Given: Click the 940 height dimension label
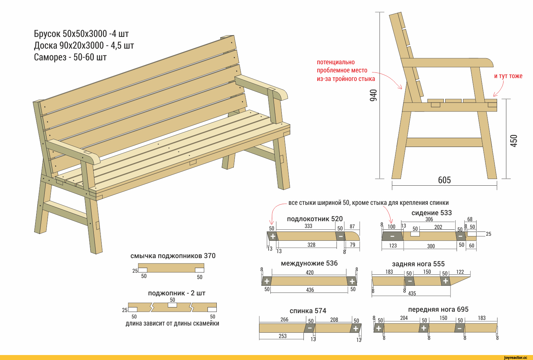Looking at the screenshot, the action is click(373, 96).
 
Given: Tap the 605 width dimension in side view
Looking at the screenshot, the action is click(444, 180).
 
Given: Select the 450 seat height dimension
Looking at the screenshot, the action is click(514, 141).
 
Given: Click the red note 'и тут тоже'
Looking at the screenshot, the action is click(508, 76).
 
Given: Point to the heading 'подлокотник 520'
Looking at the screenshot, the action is click(314, 219).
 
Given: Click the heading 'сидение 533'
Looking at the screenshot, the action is click(431, 213).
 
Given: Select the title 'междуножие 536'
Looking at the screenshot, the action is click(309, 263).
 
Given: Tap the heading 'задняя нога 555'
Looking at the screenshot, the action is click(418, 264).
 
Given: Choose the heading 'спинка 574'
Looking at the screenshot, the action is click(308, 311).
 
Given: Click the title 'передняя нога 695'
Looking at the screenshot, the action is click(438, 309).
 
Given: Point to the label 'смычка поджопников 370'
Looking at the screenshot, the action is click(173, 256).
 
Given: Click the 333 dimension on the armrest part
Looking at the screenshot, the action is click(308, 226).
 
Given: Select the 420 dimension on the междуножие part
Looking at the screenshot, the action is click(309, 273).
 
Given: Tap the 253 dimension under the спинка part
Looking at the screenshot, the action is click(282, 336).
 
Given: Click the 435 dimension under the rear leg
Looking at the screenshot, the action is click(412, 293).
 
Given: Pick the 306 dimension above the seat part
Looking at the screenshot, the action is click(429, 219).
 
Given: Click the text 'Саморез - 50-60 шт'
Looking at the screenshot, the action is click(70, 57).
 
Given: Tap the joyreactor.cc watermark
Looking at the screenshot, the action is click(515, 358).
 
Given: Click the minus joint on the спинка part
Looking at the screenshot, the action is click(309, 328).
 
